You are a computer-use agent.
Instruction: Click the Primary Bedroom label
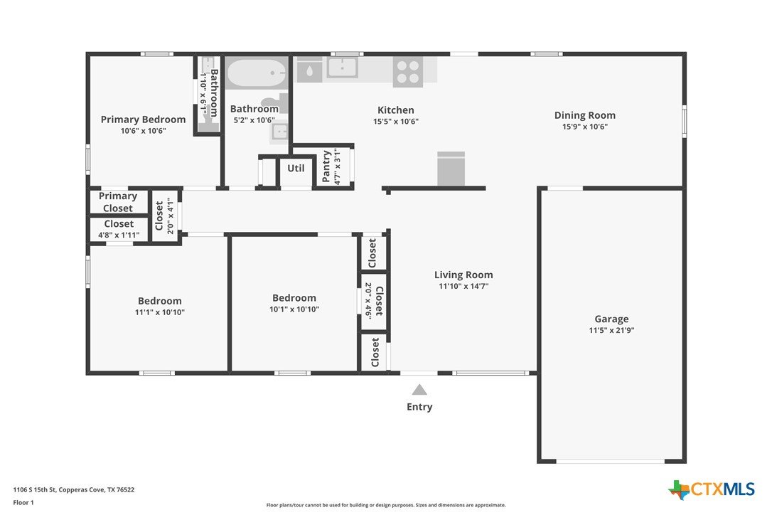pos(144,120)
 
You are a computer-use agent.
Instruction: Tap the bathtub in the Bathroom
pos(256,74)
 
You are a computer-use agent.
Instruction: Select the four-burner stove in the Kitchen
pos(407,71)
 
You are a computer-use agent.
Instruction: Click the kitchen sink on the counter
pos(342,68)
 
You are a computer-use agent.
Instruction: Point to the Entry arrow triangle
pos(419,390)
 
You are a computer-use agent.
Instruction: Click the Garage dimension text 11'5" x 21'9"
pos(611,330)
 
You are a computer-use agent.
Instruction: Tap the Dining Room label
pos(585,115)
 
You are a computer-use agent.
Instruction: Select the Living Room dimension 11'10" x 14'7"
pos(463,286)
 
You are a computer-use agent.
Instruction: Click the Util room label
pos(296,168)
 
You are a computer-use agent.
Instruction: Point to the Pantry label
pos(326,166)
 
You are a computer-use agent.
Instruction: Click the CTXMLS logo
pos(712,489)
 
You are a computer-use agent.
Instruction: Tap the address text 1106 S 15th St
pos(34,489)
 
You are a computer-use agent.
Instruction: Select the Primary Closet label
pos(118,202)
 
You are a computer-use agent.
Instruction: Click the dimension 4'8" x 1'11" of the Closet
pos(119,235)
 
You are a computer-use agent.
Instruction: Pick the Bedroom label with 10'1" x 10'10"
pos(294,297)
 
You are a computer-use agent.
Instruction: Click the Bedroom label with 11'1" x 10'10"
pos(159,301)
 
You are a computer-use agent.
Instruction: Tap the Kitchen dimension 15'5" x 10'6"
pos(396,121)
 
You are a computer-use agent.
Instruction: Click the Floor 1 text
pos(23,503)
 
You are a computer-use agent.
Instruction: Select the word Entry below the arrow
pos(419,407)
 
